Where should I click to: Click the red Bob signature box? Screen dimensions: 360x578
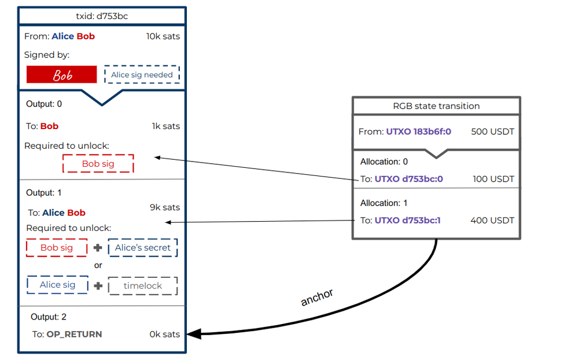pos(62,75)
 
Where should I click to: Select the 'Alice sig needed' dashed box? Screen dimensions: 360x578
pos(142,75)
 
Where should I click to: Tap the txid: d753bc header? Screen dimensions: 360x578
pos(102,16)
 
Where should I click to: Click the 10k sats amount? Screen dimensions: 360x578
pos(163,36)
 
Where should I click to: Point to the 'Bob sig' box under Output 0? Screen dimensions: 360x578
pos(98,164)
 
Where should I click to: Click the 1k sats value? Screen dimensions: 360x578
pos(165,126)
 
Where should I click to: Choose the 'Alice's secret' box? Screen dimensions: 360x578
pos(142,248)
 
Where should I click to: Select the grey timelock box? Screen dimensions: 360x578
pos(142,285)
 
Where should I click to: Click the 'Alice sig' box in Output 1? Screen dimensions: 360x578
pos(57,285)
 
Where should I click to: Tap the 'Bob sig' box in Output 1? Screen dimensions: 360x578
pos(57,248)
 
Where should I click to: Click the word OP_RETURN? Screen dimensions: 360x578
pos(74,334)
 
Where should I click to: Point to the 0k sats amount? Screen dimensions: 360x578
pos(164,334)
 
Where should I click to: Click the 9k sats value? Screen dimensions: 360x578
pos(164,207)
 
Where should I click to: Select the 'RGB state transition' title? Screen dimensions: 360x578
pos(436,106)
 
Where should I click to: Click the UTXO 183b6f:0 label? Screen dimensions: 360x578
pos(419,132)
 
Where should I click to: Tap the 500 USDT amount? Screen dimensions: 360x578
pos(492,132)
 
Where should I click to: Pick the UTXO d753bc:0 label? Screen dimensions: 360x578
pos(408,179)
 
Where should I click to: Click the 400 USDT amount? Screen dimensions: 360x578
pos(492,220)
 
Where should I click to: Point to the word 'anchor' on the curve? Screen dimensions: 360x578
pos(317,297)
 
